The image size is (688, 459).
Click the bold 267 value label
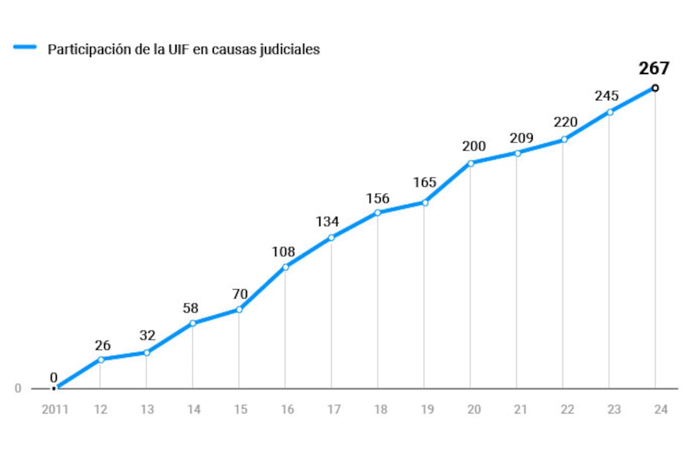pyautogui.click(x=654, y=68)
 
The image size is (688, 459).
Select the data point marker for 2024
pyautogui.click(x=655, y=88)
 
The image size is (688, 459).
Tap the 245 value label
pyautogui.click(x=607, y=96)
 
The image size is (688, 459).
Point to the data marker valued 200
pyautogui.click(x=470, y=164)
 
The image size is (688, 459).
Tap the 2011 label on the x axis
pyautogui.click(x=54, y=410)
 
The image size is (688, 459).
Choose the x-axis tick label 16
pyautogui.click(x=287, y=410)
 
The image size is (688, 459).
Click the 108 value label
pyautogui.click(x=283, y=252)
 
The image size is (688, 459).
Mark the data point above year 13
pyautogui.click(x=146, y=352)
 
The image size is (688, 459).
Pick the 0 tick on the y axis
pyautogui.click(x=18, y=388)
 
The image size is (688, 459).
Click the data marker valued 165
pyautogui.click(x=424, y=203)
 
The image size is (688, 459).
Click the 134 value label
pyautogui.click(x=327, y=221)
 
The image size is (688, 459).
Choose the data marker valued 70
pyautogui.click(x=239, y=310)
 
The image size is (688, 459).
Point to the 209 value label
pyautogui.click(x=521, y=138)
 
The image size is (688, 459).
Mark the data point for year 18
pyautogui.click(x=377, y=213)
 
